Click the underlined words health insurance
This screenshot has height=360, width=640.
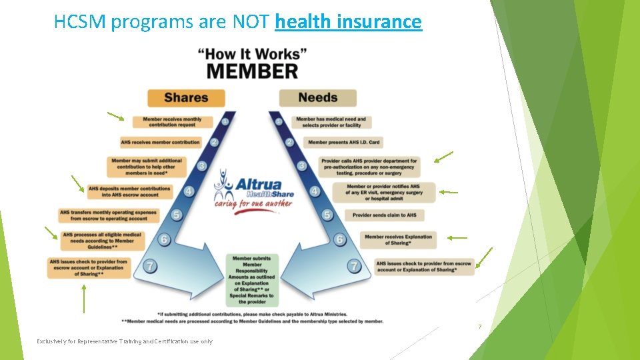(348, 22)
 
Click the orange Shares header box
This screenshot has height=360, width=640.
(186, 98)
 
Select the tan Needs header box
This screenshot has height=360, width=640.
(317, 98)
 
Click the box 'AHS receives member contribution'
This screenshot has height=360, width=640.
(161, 142)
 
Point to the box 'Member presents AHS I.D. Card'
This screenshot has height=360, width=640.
(345, 142)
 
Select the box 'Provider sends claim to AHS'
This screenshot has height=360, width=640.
(383, 215)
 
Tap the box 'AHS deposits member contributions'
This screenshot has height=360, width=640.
(129, 191)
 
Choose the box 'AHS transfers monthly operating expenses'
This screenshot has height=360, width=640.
(108, 215)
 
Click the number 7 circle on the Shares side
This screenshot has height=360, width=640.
(152, 266)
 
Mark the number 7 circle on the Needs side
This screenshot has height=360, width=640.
(355, 266)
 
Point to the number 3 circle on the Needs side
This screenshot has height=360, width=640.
(302, 165)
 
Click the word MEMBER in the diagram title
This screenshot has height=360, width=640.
(252, 70)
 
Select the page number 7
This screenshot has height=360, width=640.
(479, 327)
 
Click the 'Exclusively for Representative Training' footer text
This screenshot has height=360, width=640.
(125, 341)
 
